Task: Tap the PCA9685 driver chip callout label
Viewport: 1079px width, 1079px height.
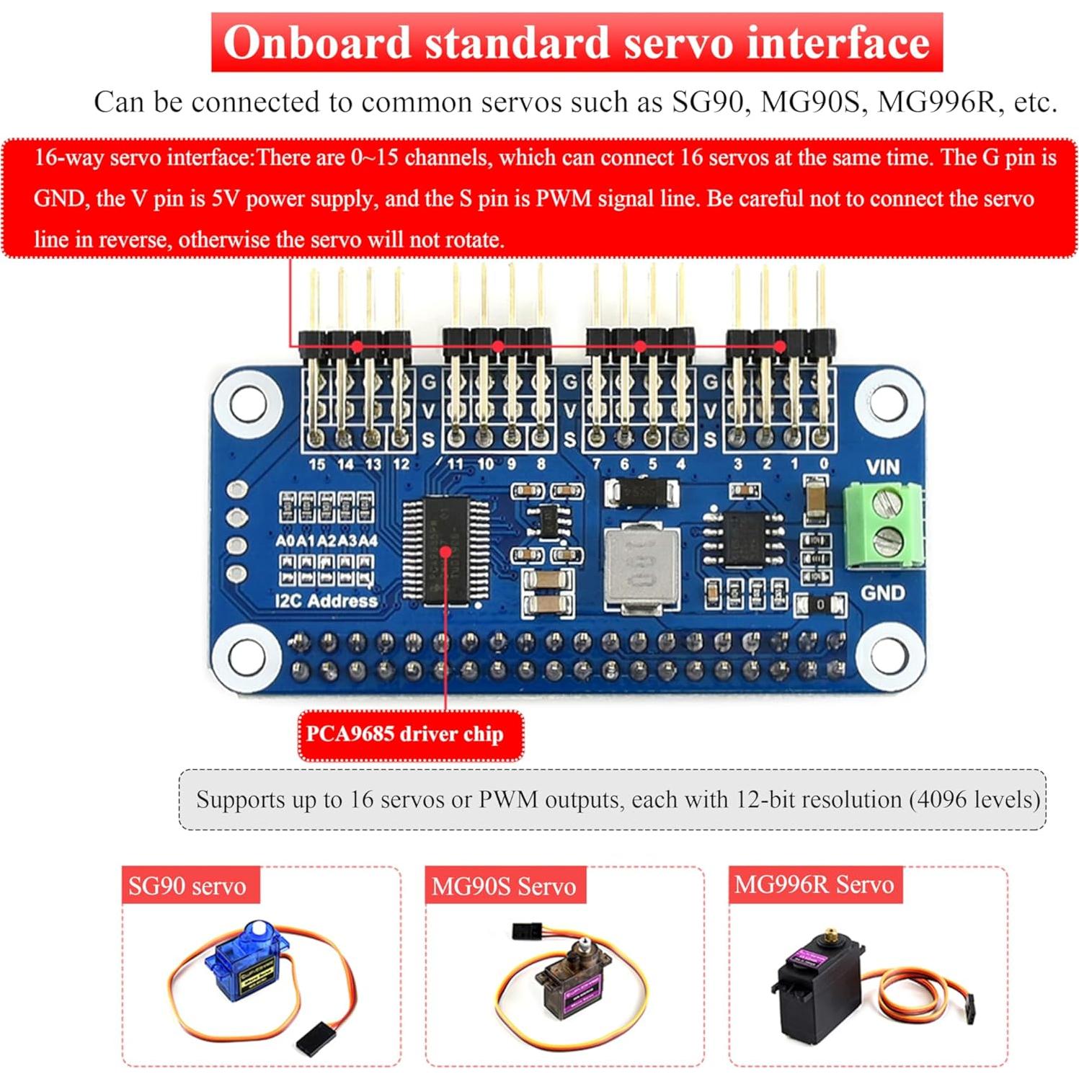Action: click(x=404, y=734)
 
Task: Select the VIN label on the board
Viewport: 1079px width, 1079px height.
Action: click(x=883, y=467)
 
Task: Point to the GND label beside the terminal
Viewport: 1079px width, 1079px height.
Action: click(x=883, y=592)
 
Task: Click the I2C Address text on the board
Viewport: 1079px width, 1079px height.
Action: click(x=326, y=601)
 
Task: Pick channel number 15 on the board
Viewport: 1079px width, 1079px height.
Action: click(x=316, y=464)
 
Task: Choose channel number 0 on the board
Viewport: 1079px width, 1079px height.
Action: click(x=824, y=464)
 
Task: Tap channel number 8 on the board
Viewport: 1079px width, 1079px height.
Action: click(x=541, y=464)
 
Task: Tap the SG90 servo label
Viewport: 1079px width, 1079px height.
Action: click(x=187, y=886)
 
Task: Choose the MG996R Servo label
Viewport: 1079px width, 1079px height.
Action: click(x=814, y=884)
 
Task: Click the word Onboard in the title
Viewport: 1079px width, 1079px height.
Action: click(x=316, y=43)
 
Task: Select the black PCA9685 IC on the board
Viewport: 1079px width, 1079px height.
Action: click(x=445, y=549)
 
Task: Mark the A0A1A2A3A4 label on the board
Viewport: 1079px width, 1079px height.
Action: click(x=326, y=541)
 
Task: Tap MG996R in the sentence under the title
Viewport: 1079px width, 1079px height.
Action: click(x=936, y=102)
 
